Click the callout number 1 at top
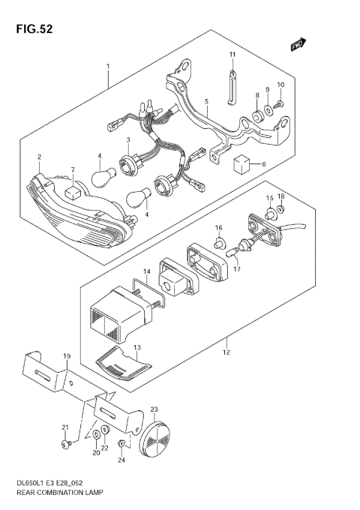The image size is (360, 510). pyautogui.click(x=108, y=67)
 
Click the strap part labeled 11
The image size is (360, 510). pyautogui.click(x=233, y=76)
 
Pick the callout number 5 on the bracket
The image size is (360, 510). pyautogui.click(x=206, y=100)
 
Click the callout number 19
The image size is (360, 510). pyautogui.click(x=67, y=355)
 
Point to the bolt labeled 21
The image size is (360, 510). pyautogui.click(x=65, y=445)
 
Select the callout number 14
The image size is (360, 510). pyautogui.click(x=148, y=271)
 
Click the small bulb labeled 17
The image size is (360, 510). pyautogui.click(x=242, y=244)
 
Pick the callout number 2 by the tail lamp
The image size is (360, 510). pyautogui.click(x=40, y=157)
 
